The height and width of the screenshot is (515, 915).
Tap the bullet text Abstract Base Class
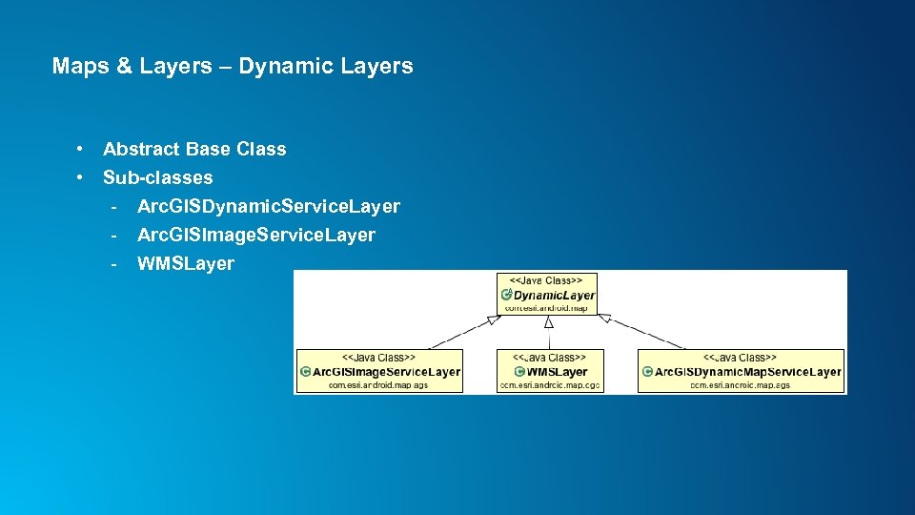point(194,149)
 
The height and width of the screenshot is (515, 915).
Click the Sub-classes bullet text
point(158,177)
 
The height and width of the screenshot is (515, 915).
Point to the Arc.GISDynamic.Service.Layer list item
point(269,206)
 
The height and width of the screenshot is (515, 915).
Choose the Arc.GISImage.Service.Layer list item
point(256,235)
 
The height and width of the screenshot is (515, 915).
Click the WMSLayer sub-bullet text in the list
point(186,263)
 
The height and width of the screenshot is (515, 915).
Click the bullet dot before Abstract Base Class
point(84,149)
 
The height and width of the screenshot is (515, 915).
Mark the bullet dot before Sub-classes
point(84,177)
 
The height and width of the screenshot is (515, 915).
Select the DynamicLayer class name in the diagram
point(554,296)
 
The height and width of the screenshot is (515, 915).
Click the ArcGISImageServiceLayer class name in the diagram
point(386,372)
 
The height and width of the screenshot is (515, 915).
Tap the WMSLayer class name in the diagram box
point(557,372)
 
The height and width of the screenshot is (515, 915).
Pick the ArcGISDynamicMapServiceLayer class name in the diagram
point(747,372)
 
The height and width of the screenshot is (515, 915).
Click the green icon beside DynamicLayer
point(506,296)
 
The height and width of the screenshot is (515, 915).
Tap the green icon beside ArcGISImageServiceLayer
point(305,372)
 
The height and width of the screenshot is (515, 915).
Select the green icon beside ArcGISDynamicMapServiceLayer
point(647,372)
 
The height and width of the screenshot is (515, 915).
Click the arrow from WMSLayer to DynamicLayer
point(549,334)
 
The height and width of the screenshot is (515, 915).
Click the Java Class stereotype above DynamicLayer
point(548,280)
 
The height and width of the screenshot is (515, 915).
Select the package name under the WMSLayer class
point(550,385)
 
